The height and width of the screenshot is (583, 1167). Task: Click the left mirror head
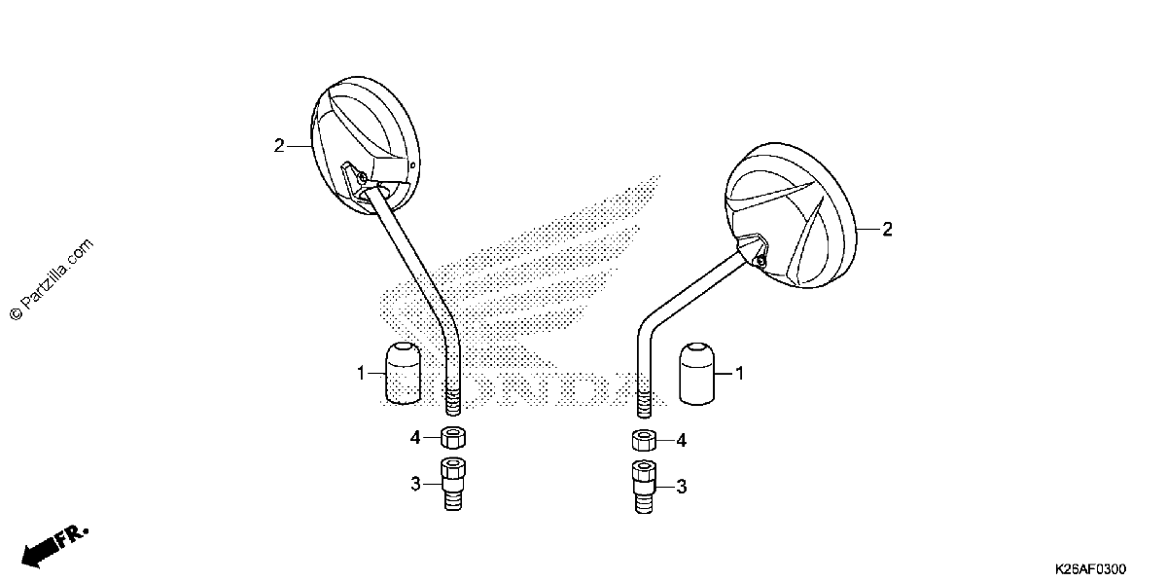(366, 145)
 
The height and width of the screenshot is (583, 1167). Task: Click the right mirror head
(791, 215)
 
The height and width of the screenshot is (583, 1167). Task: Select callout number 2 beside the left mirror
(279, 146)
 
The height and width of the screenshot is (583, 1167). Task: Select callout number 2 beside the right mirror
(887, 229)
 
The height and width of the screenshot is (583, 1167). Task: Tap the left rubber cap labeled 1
(403, 373)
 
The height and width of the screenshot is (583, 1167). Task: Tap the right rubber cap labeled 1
(696, 374)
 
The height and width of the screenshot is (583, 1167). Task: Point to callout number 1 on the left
(361, 374)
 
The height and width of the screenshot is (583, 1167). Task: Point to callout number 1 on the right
(739, 374)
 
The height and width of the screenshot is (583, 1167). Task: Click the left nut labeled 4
(453, 437)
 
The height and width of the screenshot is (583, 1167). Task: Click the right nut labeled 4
(645, 440)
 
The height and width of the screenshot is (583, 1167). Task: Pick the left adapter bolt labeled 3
(453, 484)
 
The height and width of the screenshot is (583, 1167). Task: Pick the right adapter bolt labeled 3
(645, 487)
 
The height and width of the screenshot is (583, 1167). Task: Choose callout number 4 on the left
(414, 438)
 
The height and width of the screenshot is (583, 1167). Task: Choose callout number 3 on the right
(682, 487)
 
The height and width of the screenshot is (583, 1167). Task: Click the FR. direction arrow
(54, 546)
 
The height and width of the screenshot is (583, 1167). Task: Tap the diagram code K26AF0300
(1091, 568)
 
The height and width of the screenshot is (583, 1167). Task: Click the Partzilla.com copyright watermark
(51, 279)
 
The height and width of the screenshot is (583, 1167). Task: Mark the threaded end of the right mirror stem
(645, 402)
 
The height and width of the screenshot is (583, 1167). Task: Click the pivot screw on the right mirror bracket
(760, 260)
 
